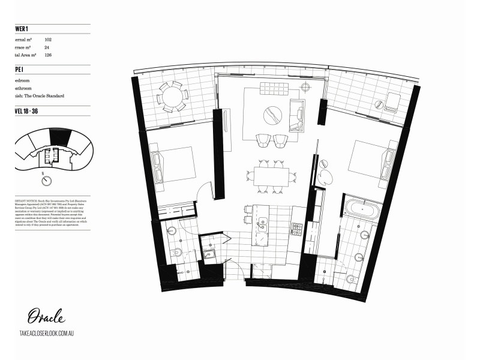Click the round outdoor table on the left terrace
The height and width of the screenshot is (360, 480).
[172, 97]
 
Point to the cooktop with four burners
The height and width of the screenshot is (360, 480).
[297, 228]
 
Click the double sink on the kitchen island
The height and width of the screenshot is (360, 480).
[262, 223]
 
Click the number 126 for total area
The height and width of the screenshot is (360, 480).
[48, 55]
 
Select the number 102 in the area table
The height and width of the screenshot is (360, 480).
[48, 38]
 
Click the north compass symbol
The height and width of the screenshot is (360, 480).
[43, 181]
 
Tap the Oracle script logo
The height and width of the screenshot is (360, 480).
[46, 316]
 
